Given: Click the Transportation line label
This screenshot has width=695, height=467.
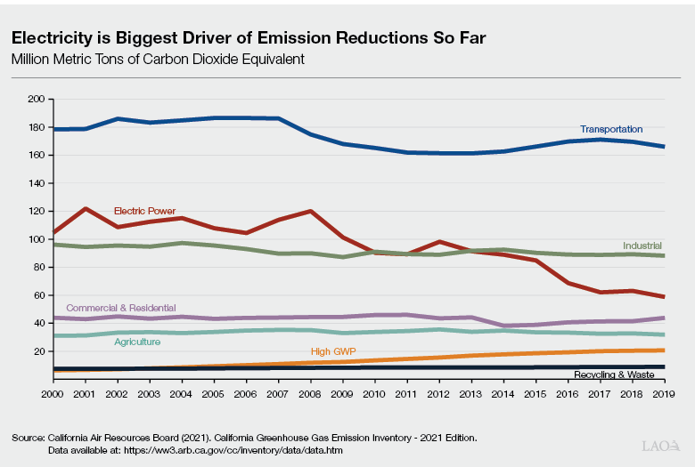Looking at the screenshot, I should (610, 129).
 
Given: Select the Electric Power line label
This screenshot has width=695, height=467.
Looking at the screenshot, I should (144, 211).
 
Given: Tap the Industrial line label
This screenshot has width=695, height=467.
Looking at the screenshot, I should (642, 244).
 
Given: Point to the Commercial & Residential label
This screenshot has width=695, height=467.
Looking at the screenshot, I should (120, 308).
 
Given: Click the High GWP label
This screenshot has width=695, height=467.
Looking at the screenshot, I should (333, 351).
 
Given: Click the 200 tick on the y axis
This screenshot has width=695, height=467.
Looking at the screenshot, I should (36, 100).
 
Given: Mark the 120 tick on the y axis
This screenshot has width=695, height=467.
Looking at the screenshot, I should (36, 212).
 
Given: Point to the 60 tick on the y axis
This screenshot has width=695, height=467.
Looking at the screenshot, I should (38, 295).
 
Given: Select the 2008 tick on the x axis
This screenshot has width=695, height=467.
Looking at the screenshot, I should (311, 391).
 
